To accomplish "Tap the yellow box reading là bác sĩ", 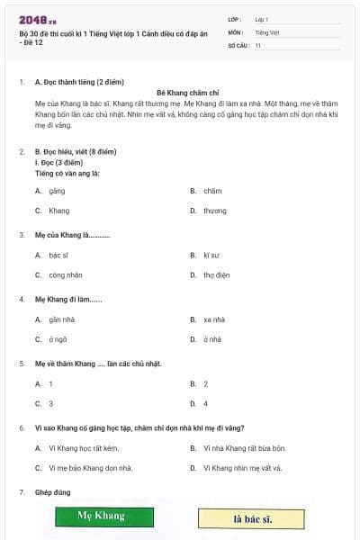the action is [252, 519].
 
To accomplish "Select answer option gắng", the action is [57, 191].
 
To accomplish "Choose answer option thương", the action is [214, 211].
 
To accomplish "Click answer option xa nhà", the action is [213, 319].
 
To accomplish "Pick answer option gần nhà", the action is [61, 319].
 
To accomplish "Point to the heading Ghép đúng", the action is [52, 492].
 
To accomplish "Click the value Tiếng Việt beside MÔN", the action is [267, 31].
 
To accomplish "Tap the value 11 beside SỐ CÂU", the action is [258, 45].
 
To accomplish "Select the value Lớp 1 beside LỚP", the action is [262, 18].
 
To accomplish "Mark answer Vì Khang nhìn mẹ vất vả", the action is [242, 468].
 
